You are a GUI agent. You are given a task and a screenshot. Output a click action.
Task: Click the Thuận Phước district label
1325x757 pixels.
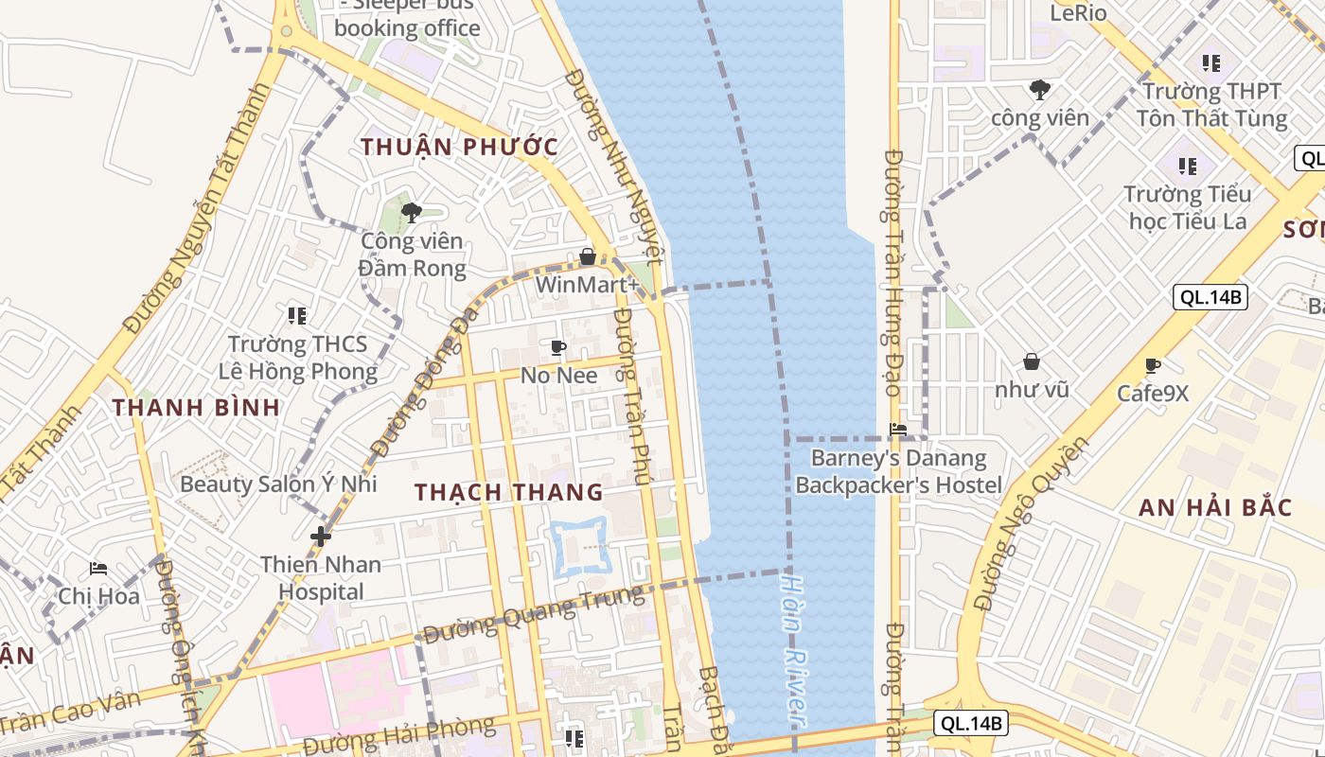(x=459, y=147)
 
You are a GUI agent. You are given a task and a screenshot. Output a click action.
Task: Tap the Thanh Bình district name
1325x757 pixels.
(x=196, y=408)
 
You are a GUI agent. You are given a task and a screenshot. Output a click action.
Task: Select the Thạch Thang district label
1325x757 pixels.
(x=509, y=492)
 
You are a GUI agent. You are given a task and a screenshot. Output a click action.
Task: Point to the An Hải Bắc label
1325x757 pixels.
(x=1215, y=507)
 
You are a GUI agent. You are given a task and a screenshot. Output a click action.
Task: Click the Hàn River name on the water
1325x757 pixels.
(x=797, y=653)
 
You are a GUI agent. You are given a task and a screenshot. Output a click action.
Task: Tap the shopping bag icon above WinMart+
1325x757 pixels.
(x=588, y=256)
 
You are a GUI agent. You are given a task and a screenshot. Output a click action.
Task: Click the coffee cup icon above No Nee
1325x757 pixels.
(x=558, y=347)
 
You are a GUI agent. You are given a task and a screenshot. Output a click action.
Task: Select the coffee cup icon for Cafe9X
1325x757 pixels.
(x=1152, y=365)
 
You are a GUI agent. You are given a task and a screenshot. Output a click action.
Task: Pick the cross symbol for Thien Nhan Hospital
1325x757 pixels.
(x=321, y=537)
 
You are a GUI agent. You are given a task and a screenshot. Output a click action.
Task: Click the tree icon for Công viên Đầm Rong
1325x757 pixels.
(x=412, y=212)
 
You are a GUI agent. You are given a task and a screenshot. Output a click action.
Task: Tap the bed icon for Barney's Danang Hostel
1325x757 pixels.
(x=898, y=430)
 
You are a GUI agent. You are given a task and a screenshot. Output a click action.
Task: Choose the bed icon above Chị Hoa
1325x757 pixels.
(x=98, y=569)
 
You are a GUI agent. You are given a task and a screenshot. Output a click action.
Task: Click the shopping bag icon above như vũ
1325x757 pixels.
(x=1032, y=361)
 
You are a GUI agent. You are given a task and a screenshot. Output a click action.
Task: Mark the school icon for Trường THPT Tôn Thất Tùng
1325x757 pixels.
(x=1211, y=63)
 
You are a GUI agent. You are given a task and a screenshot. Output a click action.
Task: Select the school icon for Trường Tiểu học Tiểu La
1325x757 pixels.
(x=1189, y=167)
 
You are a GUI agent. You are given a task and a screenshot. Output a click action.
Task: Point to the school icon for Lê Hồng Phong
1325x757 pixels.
(x=297, y=315)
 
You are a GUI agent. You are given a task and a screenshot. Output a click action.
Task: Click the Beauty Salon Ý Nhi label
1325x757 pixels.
(x=278, y=484)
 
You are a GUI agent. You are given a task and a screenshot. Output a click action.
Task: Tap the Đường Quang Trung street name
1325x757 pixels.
(x=532, y=614)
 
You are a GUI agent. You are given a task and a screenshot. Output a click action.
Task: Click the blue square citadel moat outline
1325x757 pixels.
(x=579, y=548)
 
